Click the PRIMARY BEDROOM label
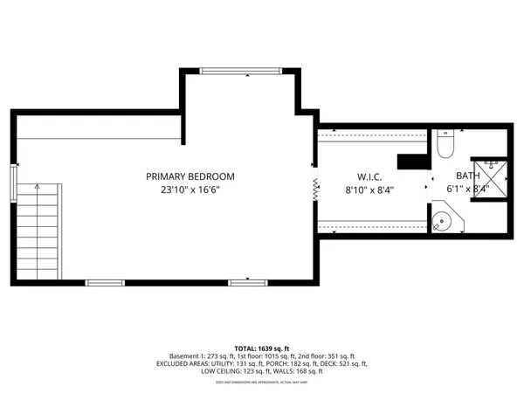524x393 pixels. pos(190,176)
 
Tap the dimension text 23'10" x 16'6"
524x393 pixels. pos(190,190)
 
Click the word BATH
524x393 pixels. pos(467,176)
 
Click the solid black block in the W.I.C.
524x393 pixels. pos(411,162)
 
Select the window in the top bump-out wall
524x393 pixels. pos(240,71)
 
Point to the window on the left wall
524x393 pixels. pos(12,183)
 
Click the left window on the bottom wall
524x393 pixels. pos(105,282)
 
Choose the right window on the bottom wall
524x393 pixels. pos(248,282)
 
